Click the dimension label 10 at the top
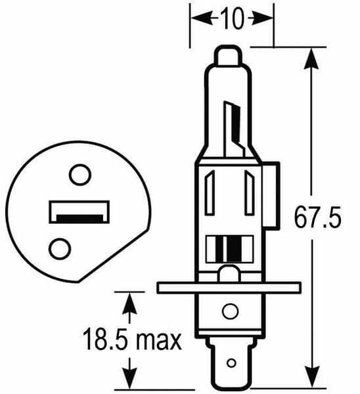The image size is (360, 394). pyautogui.click(x=233, y=18)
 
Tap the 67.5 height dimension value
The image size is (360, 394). pyautogui.click(x=317, y=217)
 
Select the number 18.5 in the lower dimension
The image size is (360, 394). pyautogui.click(x=106, y=338)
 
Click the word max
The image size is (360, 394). pyautogui.click(x=158, y=340)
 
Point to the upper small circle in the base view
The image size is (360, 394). pyautogui.click(x=80, y=175)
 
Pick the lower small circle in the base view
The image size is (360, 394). pyautogui.click(x=60, y=249)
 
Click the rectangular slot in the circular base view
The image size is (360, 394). pyautogui.click(x=79, y=212)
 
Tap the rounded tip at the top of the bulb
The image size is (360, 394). pyautogui.click(x=228, y=56)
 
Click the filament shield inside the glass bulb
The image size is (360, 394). pyautogui.click(x=235, y=129)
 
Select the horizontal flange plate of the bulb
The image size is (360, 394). pyautogui.click(x=229, y=288)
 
